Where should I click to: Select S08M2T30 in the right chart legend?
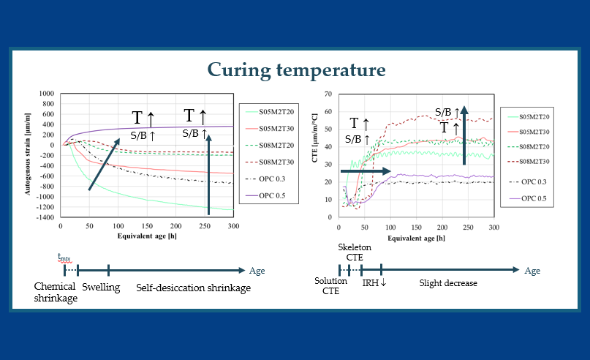tap(536, 162)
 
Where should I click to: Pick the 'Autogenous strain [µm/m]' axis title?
tap(27, 156)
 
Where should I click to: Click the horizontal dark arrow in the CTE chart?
tap(366, 171)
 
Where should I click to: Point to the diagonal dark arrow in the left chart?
tap(104, 159)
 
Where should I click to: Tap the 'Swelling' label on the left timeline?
tap(101, 288)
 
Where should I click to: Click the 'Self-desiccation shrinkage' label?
tap(193, 288)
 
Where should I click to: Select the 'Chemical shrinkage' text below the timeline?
tap(56, 293)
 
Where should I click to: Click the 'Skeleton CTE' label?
tap(354, 253)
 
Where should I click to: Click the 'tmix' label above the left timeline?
tap(64, 256)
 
